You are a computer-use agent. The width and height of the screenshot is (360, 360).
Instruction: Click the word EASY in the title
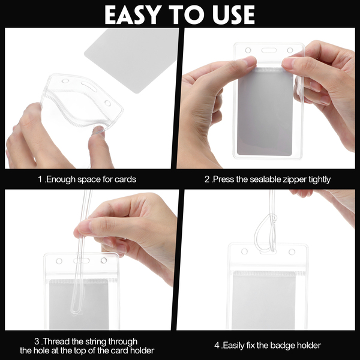click(x=132, y=14)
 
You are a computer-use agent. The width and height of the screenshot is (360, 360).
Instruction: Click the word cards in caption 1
click(x=125, y=179)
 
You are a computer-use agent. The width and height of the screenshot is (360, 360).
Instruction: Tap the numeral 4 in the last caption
click(x=217, y=345)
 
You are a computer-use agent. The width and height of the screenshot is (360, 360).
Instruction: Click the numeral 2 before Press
click(x=207, y=179)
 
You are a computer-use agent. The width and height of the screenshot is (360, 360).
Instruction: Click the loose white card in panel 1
click(x=131, y=60)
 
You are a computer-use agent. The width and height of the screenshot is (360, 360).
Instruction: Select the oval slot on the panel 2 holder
click(x=269, y=50)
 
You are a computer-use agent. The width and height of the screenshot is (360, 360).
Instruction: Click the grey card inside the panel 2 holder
click(x=264, y=113)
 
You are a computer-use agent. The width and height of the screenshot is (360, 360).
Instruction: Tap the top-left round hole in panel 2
click(x=248, y=50)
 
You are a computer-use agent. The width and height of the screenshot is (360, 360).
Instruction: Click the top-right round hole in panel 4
click(x=292, y=252)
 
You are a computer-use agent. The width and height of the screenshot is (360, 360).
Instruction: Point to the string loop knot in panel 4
click(x=273, y=218)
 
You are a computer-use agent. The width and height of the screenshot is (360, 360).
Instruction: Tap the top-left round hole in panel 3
click(x=59, y=261)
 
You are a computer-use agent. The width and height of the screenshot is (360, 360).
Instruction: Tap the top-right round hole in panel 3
click(x=104, y=260)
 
